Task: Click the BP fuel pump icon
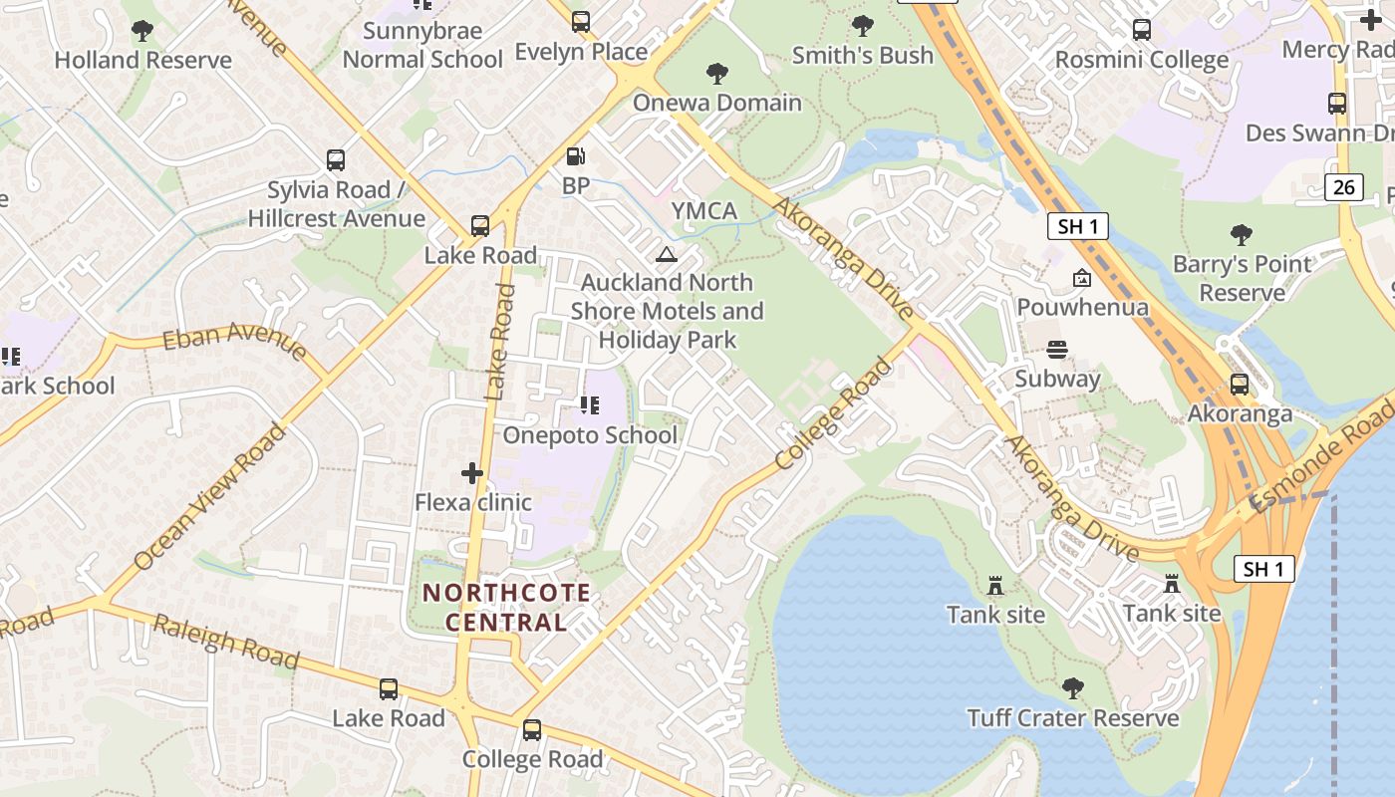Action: pos(575,156)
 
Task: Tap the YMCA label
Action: pos(704,211)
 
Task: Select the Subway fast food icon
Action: pos(1057,350)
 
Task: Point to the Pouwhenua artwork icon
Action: pos(1082,278)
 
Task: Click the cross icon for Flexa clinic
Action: pos(472,473)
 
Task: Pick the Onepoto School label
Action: pos(590,435)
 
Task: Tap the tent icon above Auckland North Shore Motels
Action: pos(667,254)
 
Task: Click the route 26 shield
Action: pos(1344,186)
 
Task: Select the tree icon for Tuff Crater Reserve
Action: pos(1072,687)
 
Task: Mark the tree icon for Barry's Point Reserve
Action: pos(1242,235)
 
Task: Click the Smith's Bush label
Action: pos(863,56)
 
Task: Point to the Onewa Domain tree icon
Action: pos(716,73)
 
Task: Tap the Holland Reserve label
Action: pos(142,60)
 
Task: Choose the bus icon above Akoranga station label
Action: pos(1240,385)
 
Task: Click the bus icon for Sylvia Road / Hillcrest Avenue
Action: pos(336,159)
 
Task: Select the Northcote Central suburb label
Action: pos(505,608)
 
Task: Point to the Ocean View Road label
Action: pos(209,497)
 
